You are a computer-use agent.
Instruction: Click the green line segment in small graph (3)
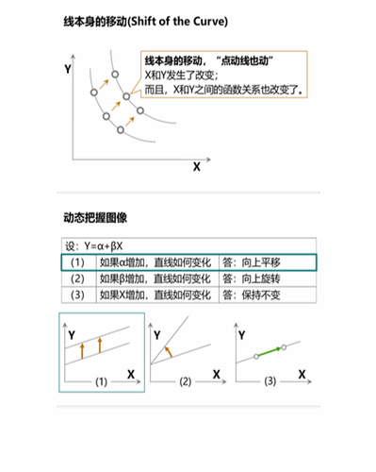tap(270, 352)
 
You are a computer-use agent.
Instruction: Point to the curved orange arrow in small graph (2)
tap(168, 351)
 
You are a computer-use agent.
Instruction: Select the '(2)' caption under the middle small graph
tap(186, 381)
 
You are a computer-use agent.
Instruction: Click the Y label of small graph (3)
tap(242, 333)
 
